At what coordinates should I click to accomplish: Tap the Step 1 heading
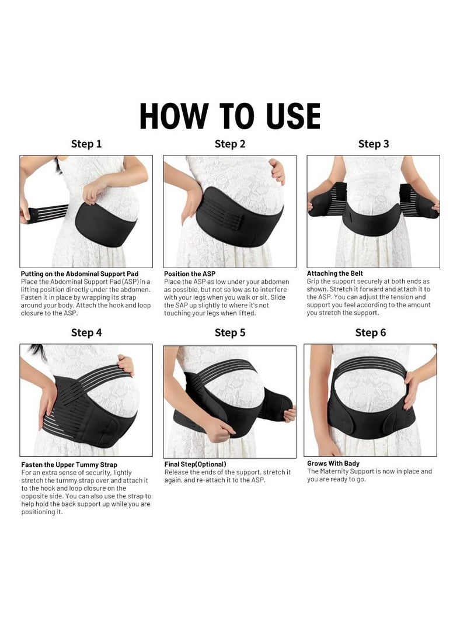(x=86, y=144)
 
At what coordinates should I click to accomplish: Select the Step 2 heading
(x=229, y=144)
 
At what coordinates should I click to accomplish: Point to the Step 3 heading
(x=374, y=144)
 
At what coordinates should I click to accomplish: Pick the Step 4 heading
(x=86, y=332)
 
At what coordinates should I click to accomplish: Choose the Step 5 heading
(x=229, y=332)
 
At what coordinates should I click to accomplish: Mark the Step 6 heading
(x=371, y=332)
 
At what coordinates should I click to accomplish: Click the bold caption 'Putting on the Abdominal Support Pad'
(x=79, y=273)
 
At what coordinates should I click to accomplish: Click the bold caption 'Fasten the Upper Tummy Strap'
(x=69, y=465)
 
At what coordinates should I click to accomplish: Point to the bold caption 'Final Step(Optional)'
(x=195, y=464)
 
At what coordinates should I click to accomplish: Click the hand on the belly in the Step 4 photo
(x=126, y=365)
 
